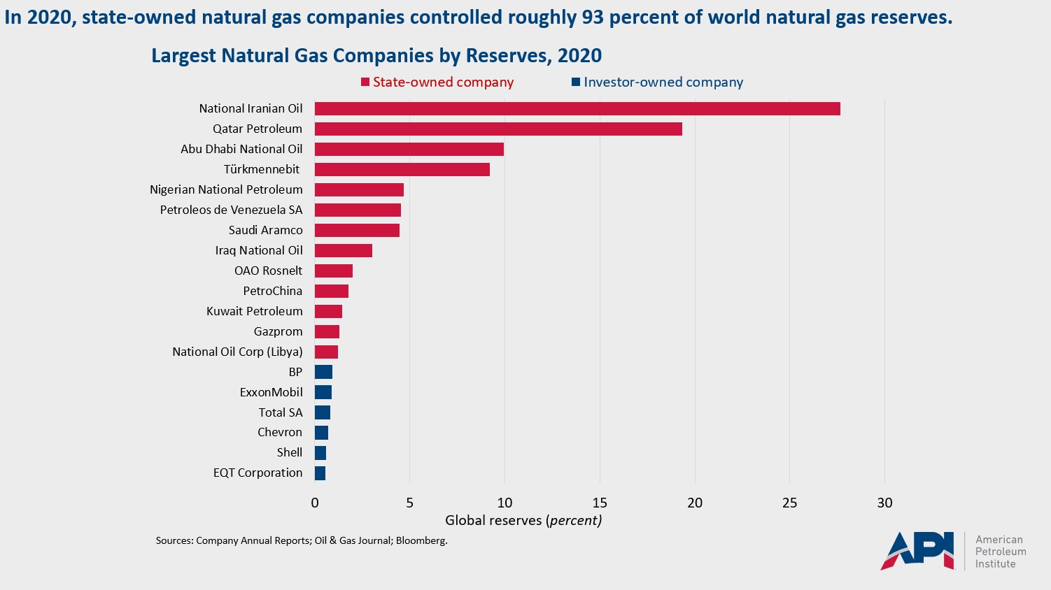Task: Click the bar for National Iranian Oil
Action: [577, 108]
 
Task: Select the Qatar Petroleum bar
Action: [498, 129]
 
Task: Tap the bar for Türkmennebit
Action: [402, 169]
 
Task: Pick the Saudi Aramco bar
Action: [357, 230]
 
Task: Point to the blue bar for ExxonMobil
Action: [323, 392]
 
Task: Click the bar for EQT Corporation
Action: [320, 473]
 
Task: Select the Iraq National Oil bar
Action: [343, 250]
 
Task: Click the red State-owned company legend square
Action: [365, 82]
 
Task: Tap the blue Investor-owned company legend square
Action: [576, 82]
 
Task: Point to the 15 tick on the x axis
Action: [600, 503]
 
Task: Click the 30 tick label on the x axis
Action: [884, 503]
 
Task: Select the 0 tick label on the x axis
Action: [315, 503]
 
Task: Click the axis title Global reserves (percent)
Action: [523, 520]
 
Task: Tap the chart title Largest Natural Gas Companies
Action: [376, 55]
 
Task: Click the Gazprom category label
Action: [278, 331]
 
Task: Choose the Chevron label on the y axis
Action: [280, 432]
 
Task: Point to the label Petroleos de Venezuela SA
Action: [231, 210]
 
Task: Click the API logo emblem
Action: [917, 550]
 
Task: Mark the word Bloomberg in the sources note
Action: [421, 540]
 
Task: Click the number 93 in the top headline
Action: [592, 17]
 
